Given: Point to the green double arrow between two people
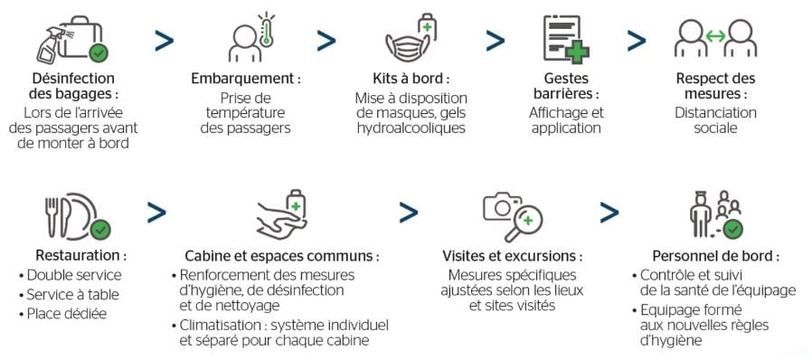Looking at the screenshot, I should [x=716, y=35].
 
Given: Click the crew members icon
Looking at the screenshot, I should [x=715, y=214].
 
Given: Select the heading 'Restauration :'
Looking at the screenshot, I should [x=80, y=255].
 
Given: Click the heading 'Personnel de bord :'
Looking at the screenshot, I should [x=714, y=255].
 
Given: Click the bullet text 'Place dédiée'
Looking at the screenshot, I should [x=67, y=314].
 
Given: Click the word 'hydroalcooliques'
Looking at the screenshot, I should [x=411, y=128].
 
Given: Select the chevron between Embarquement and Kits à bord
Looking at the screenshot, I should [x=326, y=41].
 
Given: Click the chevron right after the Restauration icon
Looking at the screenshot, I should [x=156, y=213].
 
